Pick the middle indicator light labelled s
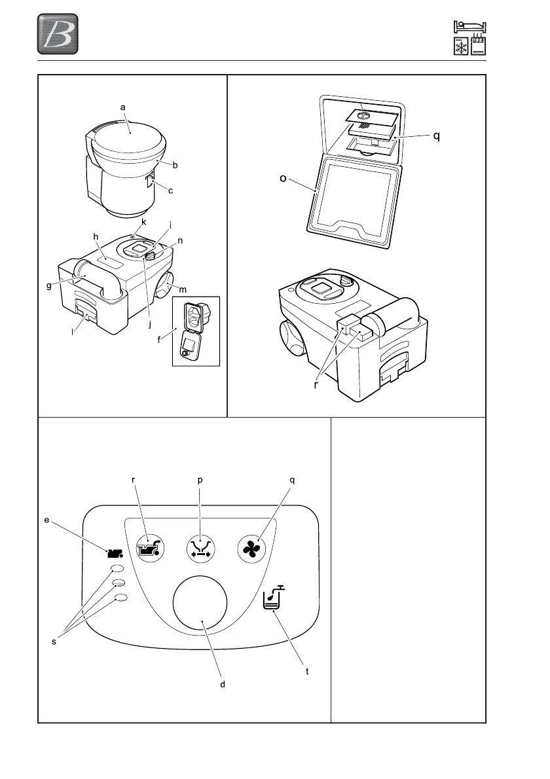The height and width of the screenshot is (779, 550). tap(119, 583)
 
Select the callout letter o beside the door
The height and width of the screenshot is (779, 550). tap(284, 178)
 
